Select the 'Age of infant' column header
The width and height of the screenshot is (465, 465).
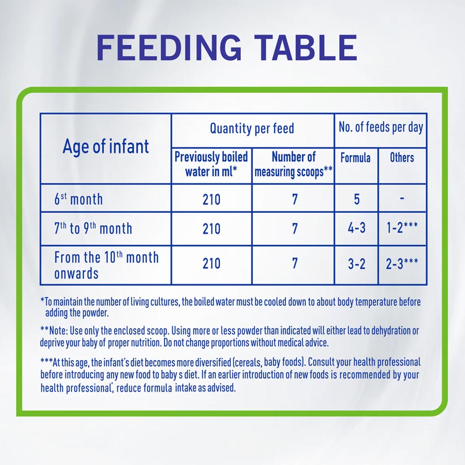pos(105,147)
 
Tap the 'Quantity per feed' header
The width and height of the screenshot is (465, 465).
pos(252,129)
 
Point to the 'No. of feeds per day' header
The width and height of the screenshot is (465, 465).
pos(381,128)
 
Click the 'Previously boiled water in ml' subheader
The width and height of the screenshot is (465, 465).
pos(211,164)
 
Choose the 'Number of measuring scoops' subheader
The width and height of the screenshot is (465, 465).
pos(293,164)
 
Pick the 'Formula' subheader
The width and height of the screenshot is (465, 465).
pos(356,158)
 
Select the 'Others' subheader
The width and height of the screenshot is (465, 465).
pos(402,158)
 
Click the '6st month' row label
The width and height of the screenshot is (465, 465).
pos(79,199)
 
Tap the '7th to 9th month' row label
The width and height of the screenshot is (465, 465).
pos(93,228)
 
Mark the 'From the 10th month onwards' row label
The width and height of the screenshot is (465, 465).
pos(106,265)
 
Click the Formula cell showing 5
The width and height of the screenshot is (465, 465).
pos(356,199)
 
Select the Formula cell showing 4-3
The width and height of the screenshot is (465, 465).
pos(356,228)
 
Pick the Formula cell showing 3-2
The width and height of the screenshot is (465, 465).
pos(356,264)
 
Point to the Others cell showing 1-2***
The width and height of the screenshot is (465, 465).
pos(402,228)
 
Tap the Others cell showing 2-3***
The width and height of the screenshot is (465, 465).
pos(402,264)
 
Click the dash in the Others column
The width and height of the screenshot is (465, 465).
pos(402,198)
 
